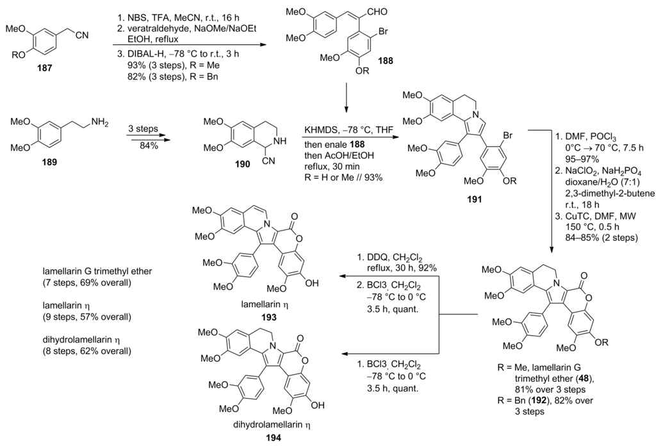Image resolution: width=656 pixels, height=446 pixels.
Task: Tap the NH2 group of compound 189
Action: click(109, 119)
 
